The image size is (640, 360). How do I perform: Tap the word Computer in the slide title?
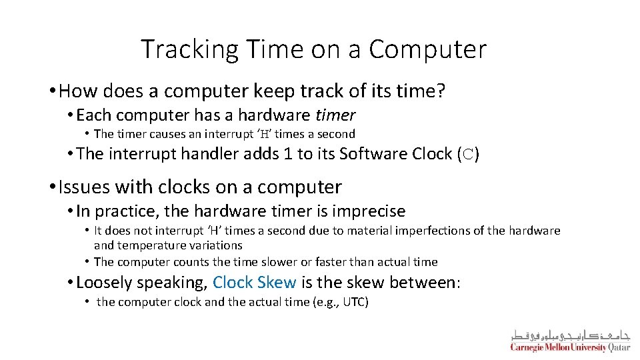(427, 49)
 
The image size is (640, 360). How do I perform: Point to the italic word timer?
(335, 115)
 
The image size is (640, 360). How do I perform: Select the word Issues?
(84, 187)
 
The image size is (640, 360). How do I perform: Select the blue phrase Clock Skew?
(255, 282)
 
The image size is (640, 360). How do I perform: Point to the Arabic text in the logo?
(570, 335)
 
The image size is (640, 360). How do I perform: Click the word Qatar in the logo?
(619, 347)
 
